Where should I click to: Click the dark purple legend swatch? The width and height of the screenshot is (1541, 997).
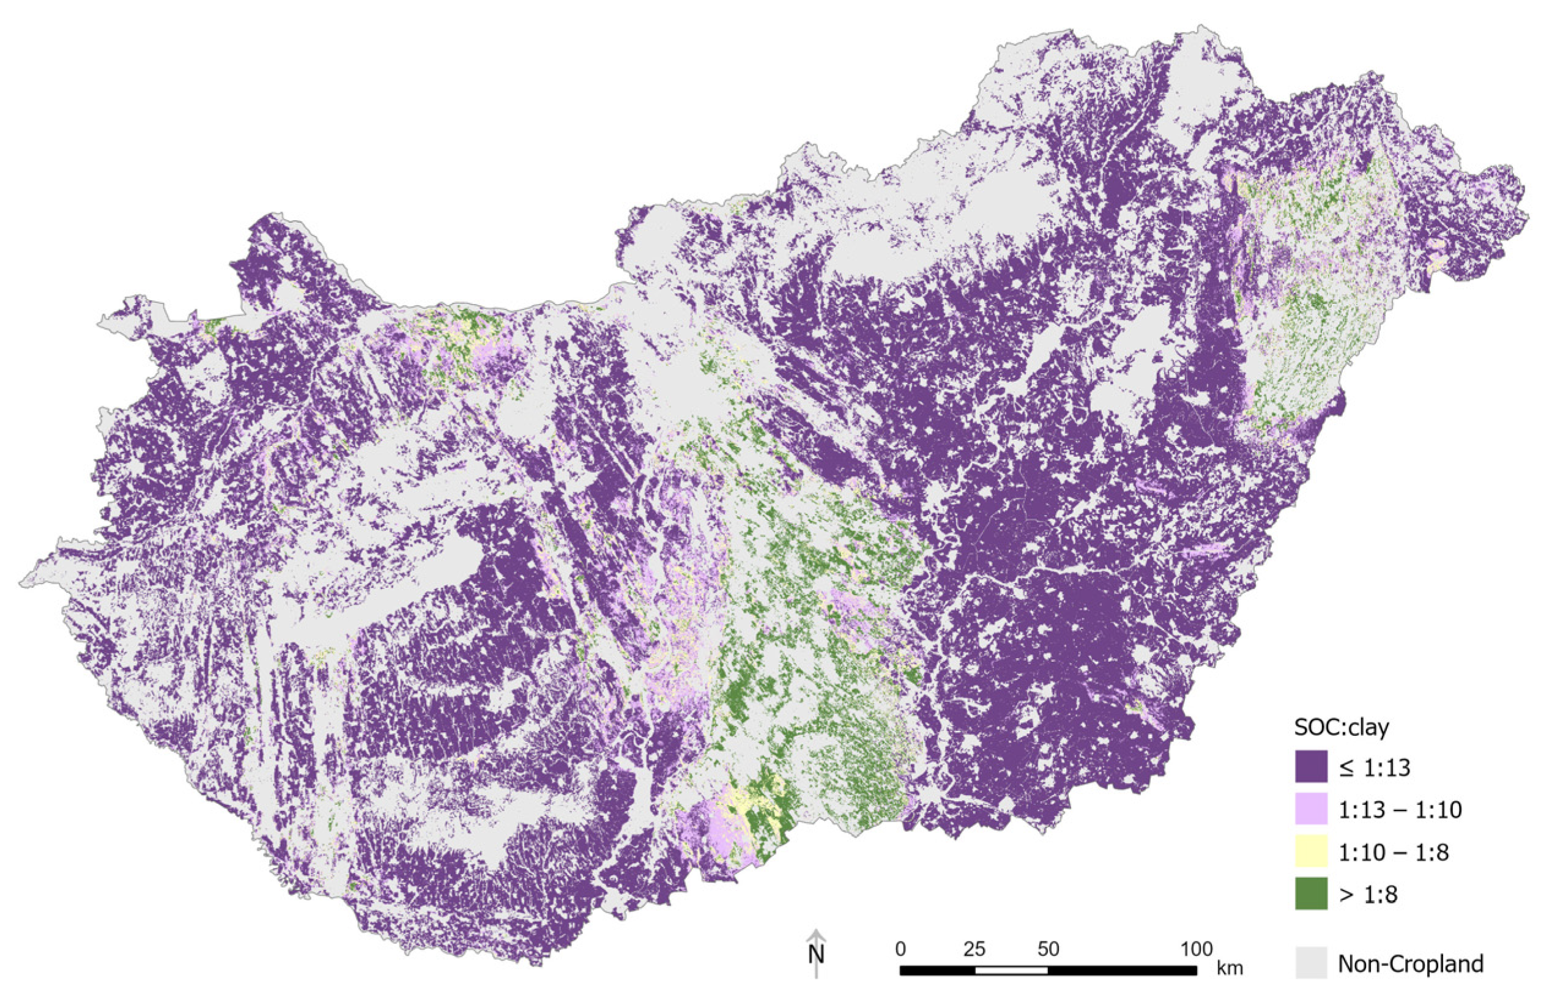(1311, 766)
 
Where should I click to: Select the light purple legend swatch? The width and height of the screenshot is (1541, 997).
(1311, 809)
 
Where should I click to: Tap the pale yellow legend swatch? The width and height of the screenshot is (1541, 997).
(1311, 851)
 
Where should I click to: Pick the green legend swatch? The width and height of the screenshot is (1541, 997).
(1311, 894)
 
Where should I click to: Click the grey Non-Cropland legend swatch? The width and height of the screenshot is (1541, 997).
(1311, 963)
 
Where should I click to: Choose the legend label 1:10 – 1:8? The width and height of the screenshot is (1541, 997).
(1394, 852)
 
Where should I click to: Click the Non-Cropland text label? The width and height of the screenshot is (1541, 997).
(1411, 963)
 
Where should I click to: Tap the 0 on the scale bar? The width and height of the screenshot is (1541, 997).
(900, 950)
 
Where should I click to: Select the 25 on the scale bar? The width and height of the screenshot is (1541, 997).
(975, 950)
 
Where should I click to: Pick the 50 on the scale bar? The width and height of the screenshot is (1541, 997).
(1049, 950)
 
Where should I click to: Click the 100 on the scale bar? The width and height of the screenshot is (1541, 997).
(1196, 950)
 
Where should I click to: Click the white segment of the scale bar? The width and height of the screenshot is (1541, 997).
(1011, 971)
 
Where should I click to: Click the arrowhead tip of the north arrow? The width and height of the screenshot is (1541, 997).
(817, 932)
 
